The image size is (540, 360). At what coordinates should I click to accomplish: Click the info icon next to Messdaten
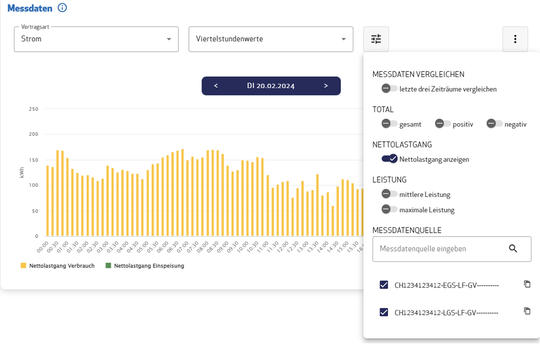click(63, 8)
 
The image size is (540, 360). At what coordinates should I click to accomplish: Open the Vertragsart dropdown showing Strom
click(96, 39)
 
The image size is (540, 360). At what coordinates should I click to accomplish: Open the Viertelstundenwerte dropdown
click(270, 39)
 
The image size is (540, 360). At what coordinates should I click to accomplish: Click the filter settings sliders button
click(376, 39)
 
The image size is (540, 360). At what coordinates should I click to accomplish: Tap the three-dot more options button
click(515, 39)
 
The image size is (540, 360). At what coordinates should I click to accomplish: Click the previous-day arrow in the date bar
click(216, 86)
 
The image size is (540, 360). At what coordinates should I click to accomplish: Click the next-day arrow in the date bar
click(326, 86)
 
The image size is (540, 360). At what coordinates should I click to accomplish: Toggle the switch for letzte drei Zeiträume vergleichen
click(389, 89)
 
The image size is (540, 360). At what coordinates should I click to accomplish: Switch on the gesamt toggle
click(389, 124)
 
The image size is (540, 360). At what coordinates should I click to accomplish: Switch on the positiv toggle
click(443, 124)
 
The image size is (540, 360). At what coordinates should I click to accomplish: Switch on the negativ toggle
click(494, 124)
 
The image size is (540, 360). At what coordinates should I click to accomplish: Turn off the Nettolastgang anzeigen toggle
click(390, 159)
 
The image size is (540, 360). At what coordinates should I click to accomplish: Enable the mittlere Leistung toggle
click(389, 194)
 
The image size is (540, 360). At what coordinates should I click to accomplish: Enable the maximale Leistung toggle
click(389, 209)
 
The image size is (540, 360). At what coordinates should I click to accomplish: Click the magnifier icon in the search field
click(513, 248)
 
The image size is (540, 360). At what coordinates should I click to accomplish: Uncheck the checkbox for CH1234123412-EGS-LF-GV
click(384, 285)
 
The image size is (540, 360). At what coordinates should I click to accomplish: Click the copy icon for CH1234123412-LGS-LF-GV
click(527, 311)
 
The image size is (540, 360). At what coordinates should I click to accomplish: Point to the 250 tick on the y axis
click(33, 109)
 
